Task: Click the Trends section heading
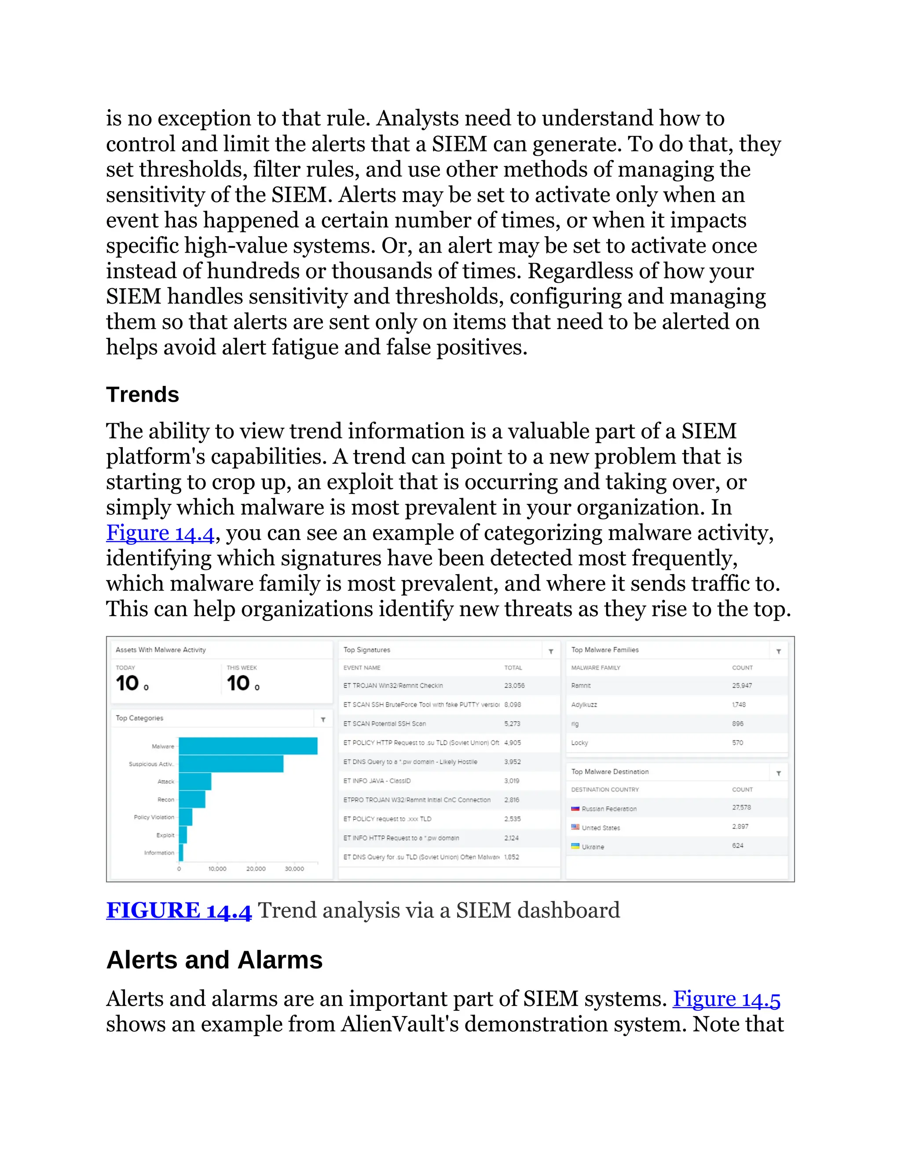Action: [143, 395]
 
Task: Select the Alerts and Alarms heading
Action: [214, 960]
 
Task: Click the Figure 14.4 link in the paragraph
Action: [160, 533]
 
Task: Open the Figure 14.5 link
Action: [726, 999]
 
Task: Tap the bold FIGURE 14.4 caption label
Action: [178, 910]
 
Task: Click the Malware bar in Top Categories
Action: [248, 746]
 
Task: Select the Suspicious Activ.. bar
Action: [231, 764]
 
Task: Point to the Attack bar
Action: [195, 781]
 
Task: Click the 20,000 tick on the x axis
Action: [256, 869]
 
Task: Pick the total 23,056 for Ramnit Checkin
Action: [514, 686]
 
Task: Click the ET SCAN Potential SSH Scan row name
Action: [385, 723]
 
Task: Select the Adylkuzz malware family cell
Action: [584, 705]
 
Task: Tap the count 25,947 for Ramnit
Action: [741, 686]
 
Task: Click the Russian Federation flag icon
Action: [575, 809]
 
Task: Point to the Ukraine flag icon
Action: [575, 846]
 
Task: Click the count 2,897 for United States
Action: [740, 826]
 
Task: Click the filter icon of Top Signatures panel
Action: [551, 651]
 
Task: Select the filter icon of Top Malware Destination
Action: [778, 773]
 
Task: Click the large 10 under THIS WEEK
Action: [238, 683]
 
